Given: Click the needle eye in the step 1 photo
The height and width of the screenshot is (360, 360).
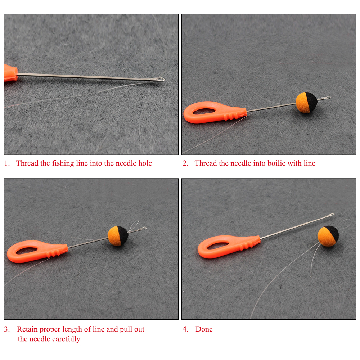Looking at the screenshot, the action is pos(161,80).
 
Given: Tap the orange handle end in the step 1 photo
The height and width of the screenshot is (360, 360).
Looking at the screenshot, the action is pos(10,73).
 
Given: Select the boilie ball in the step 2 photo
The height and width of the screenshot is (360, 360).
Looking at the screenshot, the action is pos(306,102).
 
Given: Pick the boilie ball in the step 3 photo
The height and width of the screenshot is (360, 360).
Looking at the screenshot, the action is pos(118,236).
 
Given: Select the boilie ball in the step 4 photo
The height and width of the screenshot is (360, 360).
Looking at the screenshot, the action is pos(328,236).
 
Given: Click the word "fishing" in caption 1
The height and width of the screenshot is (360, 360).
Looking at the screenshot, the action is pos(63,163).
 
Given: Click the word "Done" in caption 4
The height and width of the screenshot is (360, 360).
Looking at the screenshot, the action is pos(204,329).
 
